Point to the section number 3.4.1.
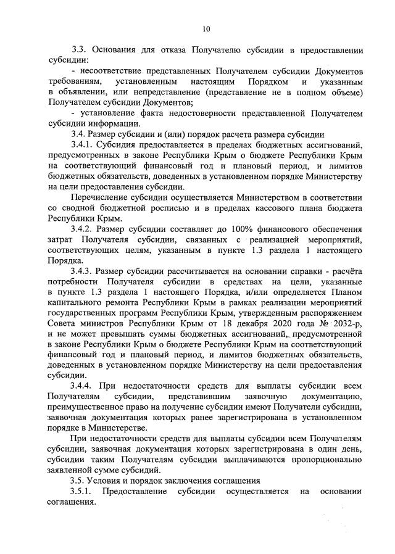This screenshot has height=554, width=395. point(85,145)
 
